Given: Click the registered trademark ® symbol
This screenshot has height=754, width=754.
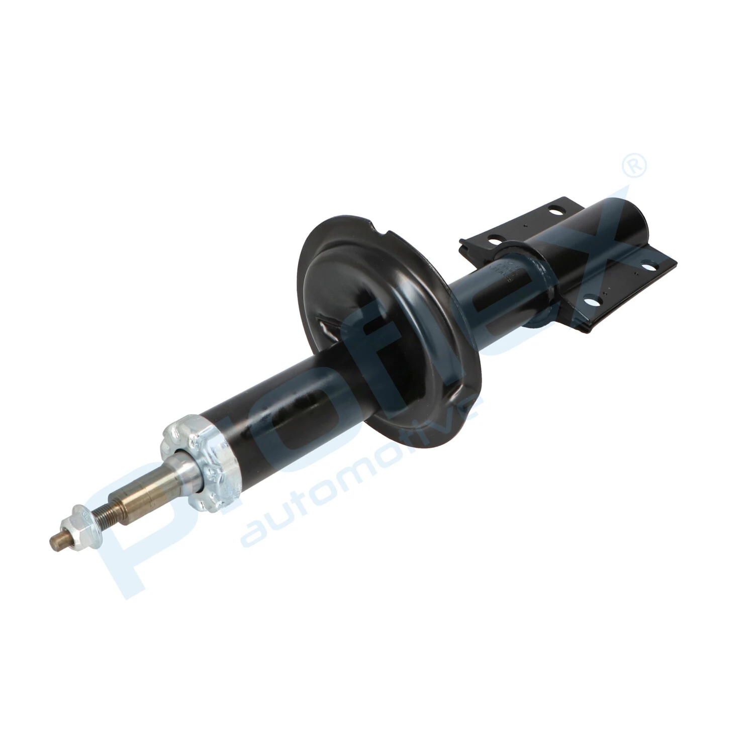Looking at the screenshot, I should [634, 166].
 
